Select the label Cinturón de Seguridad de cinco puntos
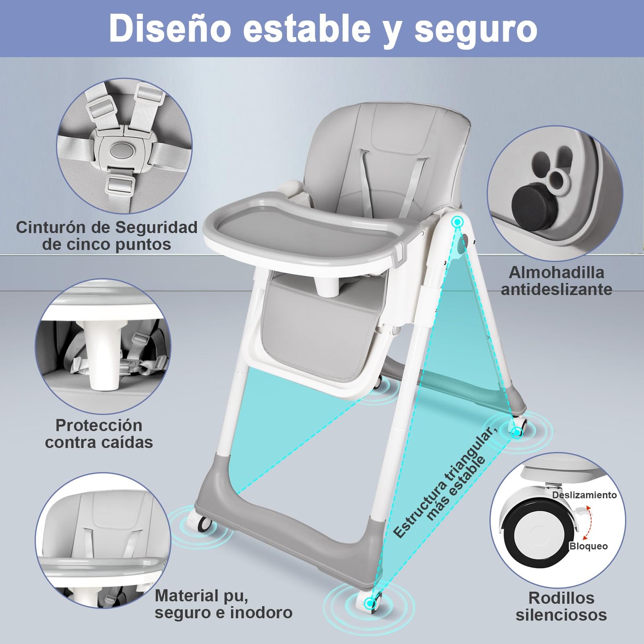point(107,236)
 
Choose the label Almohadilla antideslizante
point(556,281)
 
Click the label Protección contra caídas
point(99,434)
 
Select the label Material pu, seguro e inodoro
point(224,605)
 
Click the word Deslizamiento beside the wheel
point(584,495)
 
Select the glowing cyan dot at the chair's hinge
point(456,221)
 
